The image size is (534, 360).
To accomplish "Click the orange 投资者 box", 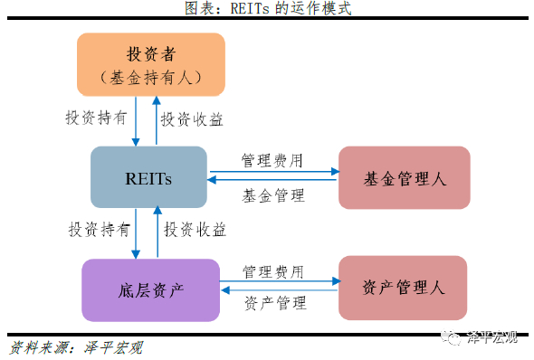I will (151, 64).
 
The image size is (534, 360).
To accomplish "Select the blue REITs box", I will (148, 177).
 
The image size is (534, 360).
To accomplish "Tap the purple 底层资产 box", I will (151, 289).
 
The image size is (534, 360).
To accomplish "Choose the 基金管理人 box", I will (404, 177).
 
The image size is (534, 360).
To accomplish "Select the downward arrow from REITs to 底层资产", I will (136, 232).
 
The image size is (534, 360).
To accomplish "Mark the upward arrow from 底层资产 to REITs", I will (157, 232).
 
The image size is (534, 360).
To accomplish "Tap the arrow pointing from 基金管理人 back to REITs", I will (272, 182).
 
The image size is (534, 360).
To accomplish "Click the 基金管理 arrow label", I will (273, 194).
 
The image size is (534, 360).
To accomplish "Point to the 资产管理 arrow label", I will (275, 304).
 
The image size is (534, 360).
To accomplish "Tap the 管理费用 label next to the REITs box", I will (272, 160).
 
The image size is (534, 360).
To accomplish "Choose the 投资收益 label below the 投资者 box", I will (192, 118).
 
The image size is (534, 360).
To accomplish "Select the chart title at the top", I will (267, 9).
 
